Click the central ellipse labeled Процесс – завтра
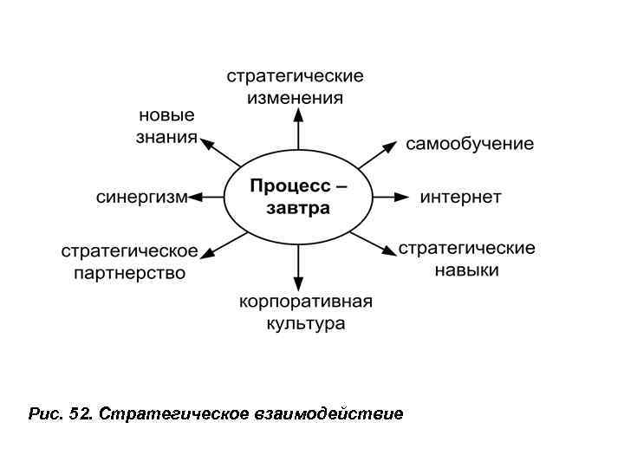[299, 197]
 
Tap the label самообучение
[470, 143]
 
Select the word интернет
[460, 197]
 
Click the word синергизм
[141, 197]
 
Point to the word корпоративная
[306, 302]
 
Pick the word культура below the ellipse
[306, 324]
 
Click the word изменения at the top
[295, 97]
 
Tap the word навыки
[466, 270]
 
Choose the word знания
[166, 137]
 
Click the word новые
[166, 115]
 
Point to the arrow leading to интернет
[390, 197]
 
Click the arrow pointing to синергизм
[206, 197]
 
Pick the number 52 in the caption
[80, 413]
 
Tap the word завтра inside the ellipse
[299, 208]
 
